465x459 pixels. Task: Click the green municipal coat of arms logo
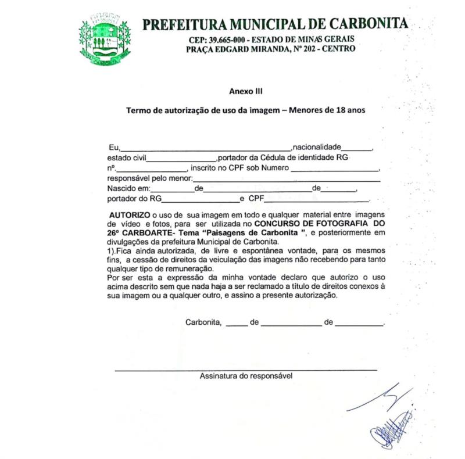[x=105, y=39]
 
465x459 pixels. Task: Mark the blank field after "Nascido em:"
[x=172, y=191]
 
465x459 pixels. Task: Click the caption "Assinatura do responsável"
[x=246, y=376]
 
